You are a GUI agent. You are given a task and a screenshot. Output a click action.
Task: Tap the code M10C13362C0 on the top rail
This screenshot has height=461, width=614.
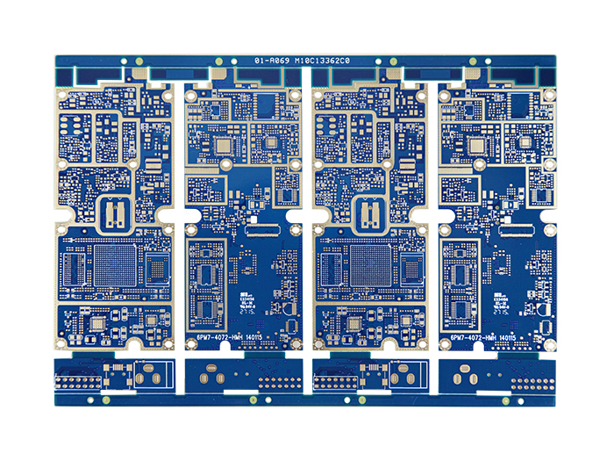[x=322, y=61]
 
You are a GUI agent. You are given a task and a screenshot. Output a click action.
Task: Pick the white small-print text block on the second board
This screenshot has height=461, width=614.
[x=246, y=304]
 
